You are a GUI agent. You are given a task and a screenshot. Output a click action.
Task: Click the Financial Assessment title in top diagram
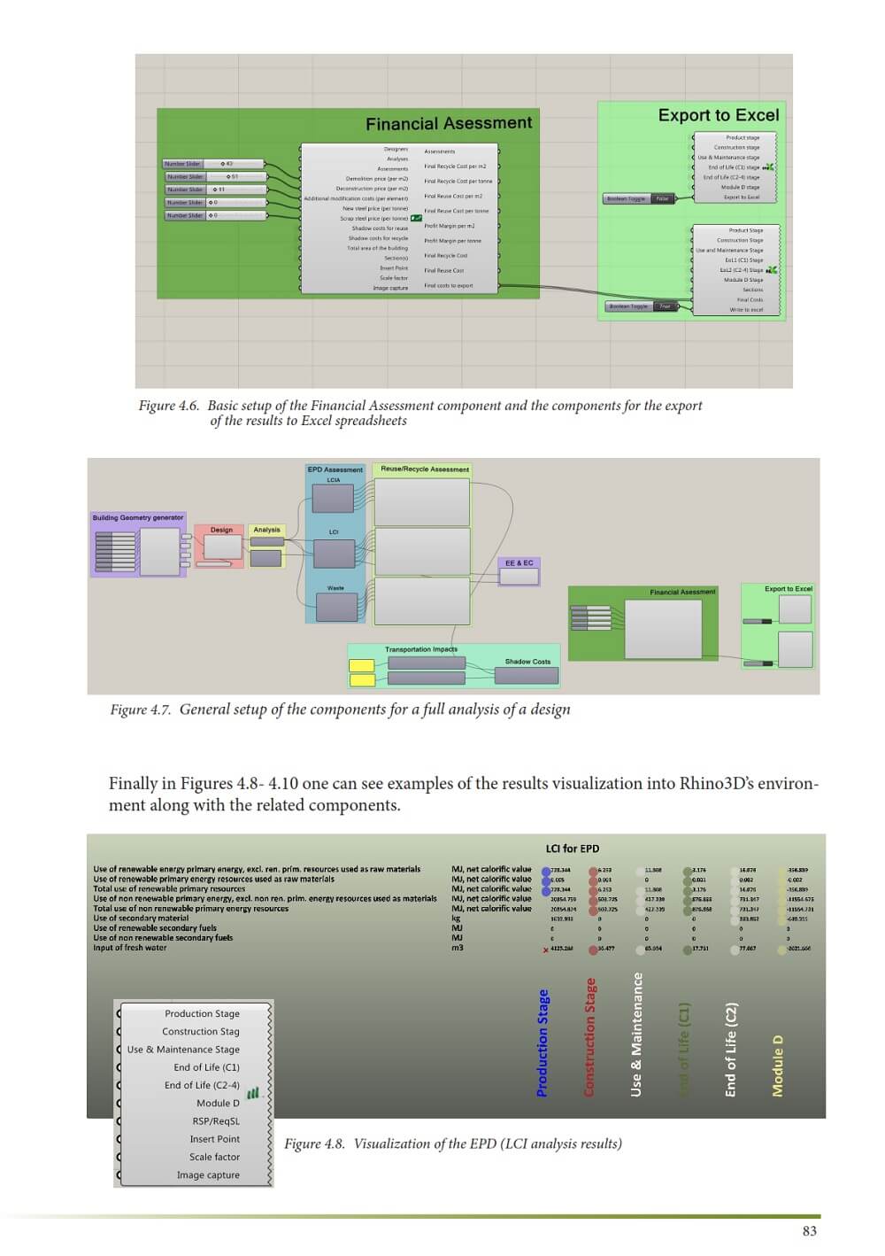click(449, 124)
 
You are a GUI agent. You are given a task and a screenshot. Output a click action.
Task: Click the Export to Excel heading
click(718, 115)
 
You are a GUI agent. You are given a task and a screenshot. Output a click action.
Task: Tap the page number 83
click(809, 1230)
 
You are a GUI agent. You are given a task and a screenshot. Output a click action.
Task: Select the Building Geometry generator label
click(138, 517)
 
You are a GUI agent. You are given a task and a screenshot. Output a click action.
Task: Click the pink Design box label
click(221, 530)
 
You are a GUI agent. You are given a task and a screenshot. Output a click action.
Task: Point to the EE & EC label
click(519, 562)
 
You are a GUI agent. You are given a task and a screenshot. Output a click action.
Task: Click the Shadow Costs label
click(527, 662)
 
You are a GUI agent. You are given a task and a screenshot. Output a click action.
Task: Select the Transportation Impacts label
click(420, 649)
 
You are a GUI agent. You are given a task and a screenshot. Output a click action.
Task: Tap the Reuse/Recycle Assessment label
click(425, 469)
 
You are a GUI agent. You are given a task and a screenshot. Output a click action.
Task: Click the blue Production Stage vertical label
click(543, 1043)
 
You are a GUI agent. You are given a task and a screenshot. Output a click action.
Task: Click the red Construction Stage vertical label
click(589, 1037)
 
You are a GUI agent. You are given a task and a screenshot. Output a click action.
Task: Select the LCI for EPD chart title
click(572, 849)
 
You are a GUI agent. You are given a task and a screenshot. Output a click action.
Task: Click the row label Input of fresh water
click(130, 948)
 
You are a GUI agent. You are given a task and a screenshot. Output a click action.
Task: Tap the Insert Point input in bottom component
click(214, 1139)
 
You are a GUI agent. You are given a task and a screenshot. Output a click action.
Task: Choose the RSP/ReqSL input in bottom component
click(216, 1121)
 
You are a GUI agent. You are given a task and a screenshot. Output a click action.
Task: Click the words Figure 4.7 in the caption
click(140, 709)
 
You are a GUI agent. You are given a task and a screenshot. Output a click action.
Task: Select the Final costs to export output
click(448, 285)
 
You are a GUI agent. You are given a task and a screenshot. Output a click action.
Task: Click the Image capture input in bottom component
click(208, 1175)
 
